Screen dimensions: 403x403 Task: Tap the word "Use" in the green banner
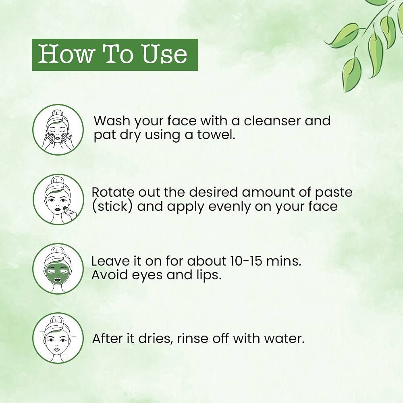point(164,54)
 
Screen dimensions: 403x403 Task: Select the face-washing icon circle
point(58,129)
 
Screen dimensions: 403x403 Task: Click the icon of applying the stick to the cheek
point(58,199)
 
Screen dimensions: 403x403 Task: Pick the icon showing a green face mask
point(58,269)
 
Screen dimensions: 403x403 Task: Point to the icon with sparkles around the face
point(58,338)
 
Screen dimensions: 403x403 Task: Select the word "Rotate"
point(113,192)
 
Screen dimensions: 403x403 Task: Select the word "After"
point(108,339)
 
